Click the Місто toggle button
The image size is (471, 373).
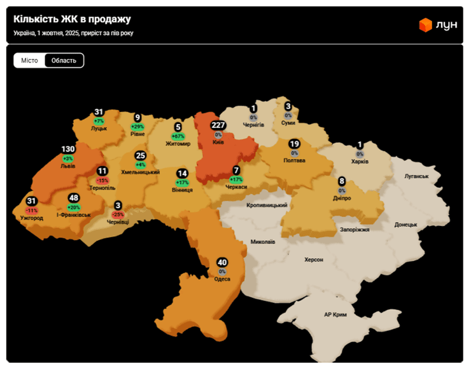pos(29,60)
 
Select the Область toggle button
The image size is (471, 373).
pos(64,60)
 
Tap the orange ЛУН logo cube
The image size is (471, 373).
pos(425,25)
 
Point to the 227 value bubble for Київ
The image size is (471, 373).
pos(218,126)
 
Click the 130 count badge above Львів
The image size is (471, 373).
pos(68,149)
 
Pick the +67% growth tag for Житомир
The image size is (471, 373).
pos(178,136)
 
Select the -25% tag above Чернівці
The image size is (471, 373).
pos(118,215)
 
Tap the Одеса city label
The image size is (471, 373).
pos(221,279)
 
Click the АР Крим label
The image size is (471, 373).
pos(335,314)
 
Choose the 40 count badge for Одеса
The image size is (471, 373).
pos(222,262)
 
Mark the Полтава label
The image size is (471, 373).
pos(294,160)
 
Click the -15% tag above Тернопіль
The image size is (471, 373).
pos(102,180)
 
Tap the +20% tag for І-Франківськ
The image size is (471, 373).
pos(74,208)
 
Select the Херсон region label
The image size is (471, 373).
pos(314,260)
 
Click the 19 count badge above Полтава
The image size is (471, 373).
pos(294,144)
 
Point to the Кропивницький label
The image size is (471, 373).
pos(267,206)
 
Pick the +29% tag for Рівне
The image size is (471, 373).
pos(137,127)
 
